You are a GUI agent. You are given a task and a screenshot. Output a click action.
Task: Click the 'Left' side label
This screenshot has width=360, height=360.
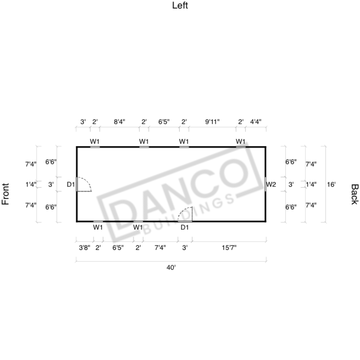(180, 5)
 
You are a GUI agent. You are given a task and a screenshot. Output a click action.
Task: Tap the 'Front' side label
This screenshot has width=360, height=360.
(5, 194)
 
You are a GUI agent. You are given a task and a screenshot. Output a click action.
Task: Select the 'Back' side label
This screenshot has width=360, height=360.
(355, 194)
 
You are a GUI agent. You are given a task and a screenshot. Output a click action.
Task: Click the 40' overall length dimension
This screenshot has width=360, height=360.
(171, 268)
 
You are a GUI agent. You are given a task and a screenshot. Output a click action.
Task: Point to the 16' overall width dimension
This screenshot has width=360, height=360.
(331, 184)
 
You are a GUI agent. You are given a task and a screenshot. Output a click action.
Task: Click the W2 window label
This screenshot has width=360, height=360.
(271, 184)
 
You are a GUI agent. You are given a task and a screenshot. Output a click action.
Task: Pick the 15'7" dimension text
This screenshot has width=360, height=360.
(229, 248)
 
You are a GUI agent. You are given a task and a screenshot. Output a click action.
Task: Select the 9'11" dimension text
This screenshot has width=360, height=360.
(212, 122)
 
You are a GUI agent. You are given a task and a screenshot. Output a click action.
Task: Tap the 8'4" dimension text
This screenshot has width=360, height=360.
(119, 122)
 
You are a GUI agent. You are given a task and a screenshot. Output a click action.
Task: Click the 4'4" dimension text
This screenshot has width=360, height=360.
(256, 122)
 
